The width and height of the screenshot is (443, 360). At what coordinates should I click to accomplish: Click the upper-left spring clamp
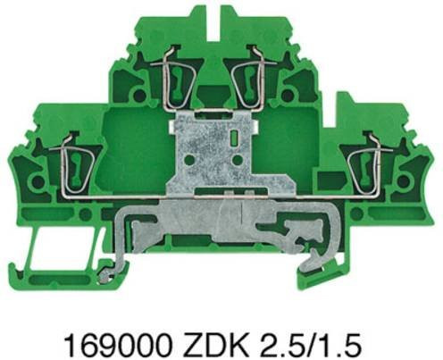[x=172, y=78]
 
